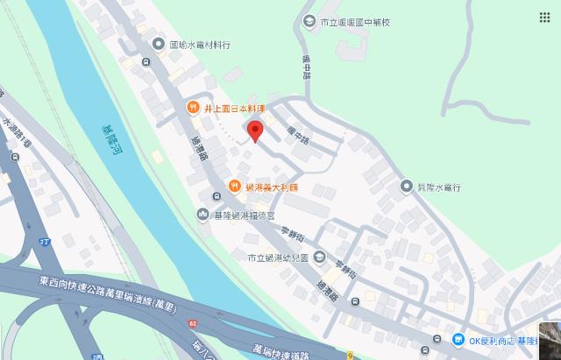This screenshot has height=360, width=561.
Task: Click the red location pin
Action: pyautogui.click(x=255, y=131)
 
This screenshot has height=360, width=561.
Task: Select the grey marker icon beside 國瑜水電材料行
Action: pyautogui.click(x=158, y=44)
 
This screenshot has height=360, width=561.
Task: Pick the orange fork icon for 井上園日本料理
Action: pyautogui.click(x=192, y=109)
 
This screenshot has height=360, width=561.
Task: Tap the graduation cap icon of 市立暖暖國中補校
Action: pyautogui.click(x=308, y=21)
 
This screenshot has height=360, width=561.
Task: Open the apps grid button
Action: pyautogui.click(x=544, y=18)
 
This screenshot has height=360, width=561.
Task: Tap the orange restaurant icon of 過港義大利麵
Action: pyautogui.click(x=235, y=187)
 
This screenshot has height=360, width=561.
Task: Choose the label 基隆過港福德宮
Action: pyautogui.click(x=247, y=215)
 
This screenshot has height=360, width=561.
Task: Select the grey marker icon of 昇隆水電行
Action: pyautogui.click(x=406, y=187)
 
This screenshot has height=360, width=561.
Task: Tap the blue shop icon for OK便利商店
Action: pyautogui.click(x=458, y=340)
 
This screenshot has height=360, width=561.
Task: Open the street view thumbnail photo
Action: pyautogui.click(x=550, y=342)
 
